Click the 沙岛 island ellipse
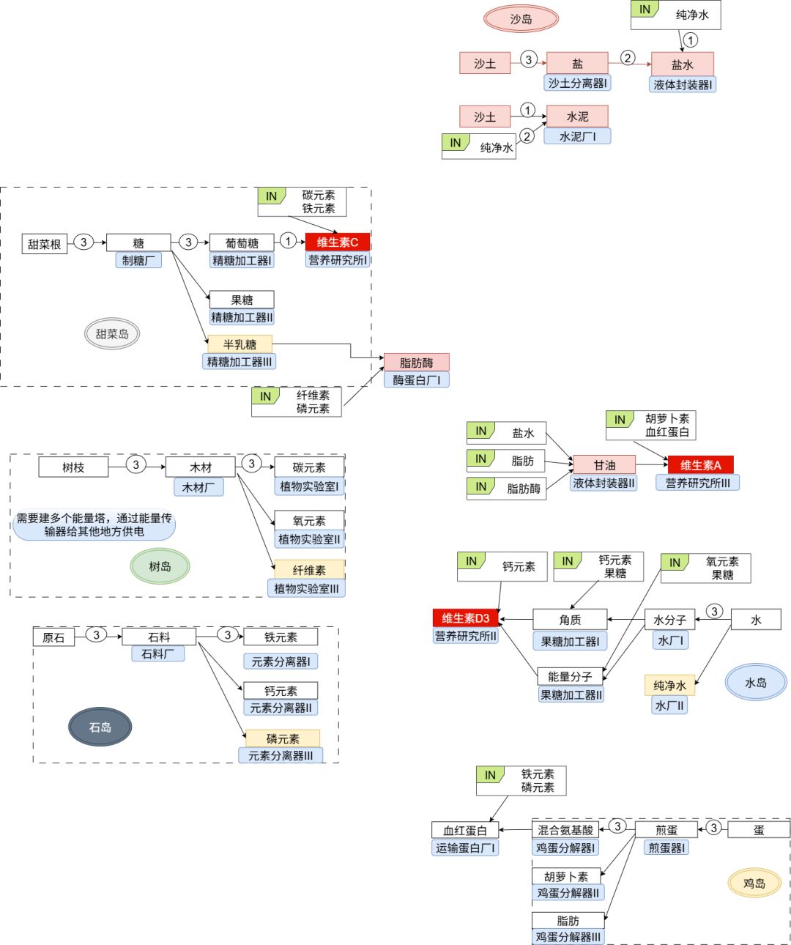(x=521, y=19)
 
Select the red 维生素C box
(x=338, y=242)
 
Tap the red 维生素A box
(x=700, y=465)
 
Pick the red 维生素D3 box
(x=466, y=618)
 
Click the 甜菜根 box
(x=45, y=244)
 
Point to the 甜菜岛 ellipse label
(x=112, y=334)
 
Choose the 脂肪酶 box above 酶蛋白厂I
(x=416, y=363)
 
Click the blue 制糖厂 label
(x=138, y=260)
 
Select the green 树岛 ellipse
(x=160, y=566)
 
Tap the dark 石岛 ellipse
(x=100, y=727)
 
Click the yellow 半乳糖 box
(x=239, y=344)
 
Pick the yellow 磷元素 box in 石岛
(x=283, y=738)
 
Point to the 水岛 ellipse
(x=755, y=683)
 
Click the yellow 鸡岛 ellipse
(x=754, y=883)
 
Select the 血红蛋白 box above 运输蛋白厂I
(x=465, y=830)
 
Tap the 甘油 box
(x=604, y=465)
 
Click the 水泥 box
(x=577, y=116)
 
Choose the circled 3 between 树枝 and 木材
(x=135, y=464)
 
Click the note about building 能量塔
(x=94, y=525)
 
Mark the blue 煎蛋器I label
(x=666, y=848)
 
